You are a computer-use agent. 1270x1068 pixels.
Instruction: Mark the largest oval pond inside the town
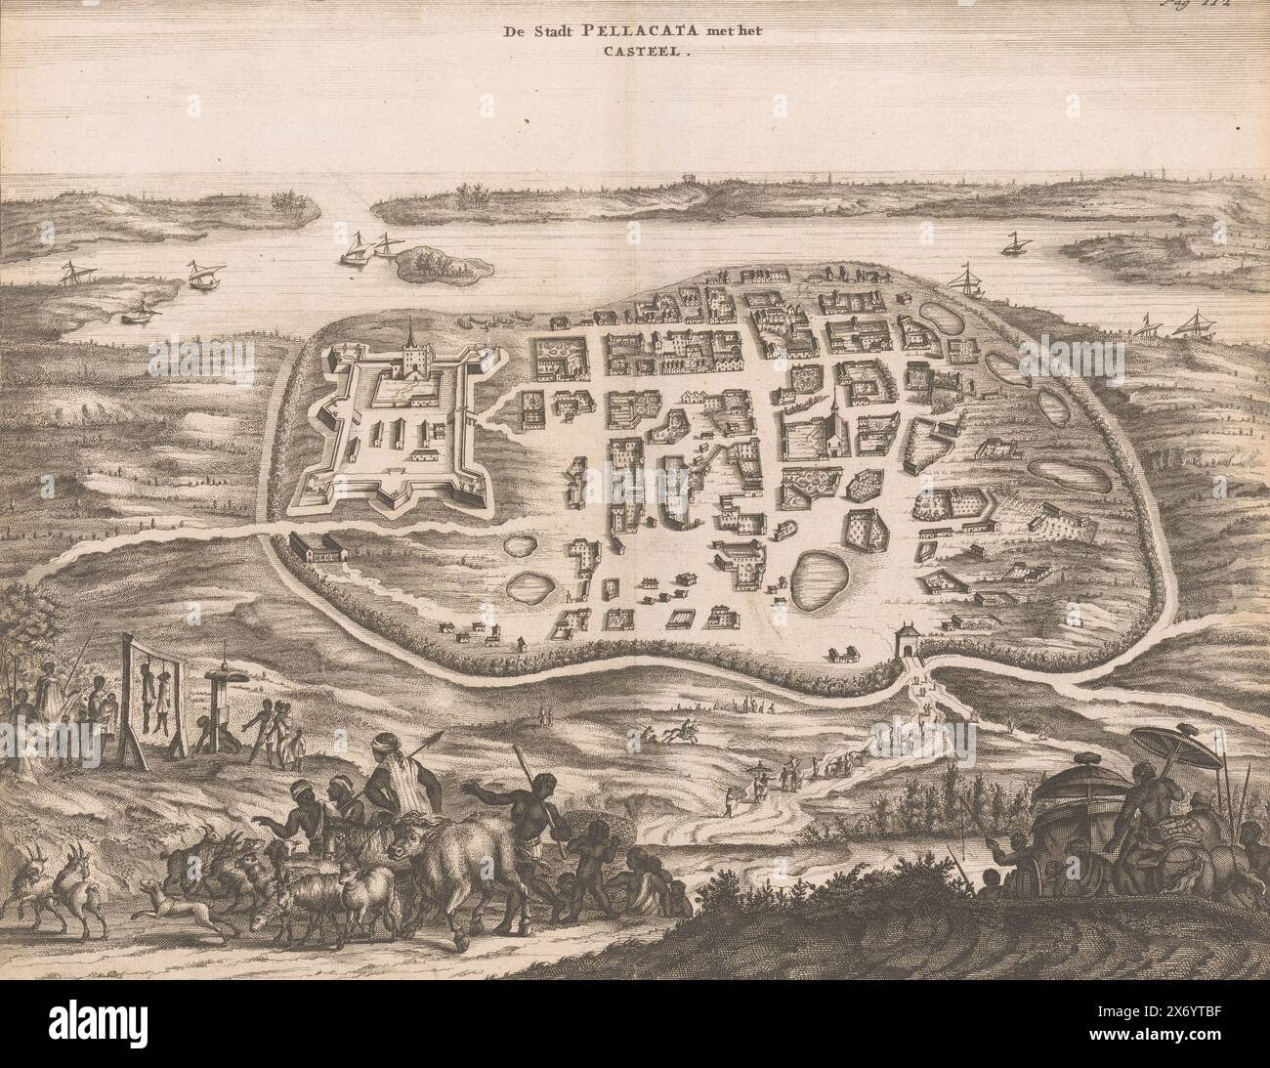815,578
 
